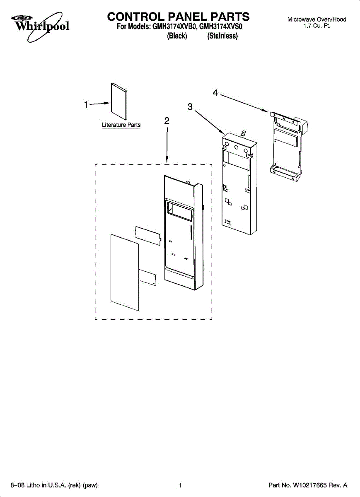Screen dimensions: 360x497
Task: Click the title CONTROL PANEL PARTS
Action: tap(178, 17)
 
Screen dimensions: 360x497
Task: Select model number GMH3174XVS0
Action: tap(220, 27)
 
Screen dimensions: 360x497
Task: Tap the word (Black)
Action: tap(177, 36)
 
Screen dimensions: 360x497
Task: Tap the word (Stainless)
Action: tap(222, 36)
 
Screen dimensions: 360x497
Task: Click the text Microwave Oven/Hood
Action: tap(317, 19)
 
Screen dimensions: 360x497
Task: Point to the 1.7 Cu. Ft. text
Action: tap(317, 26)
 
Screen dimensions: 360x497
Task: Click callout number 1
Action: tap(86, 105)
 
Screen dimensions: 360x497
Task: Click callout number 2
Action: tap(167, 121)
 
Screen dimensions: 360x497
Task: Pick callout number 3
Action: tap(190, 107)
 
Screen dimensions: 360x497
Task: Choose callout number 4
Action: tap(215, 93)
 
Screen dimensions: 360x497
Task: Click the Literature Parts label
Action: tap(121, 125)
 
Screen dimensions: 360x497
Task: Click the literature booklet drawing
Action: tap(118, 99)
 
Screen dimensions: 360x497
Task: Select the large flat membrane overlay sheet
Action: tap(124, 272)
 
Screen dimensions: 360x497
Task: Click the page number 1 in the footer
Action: tap(180, 485)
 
